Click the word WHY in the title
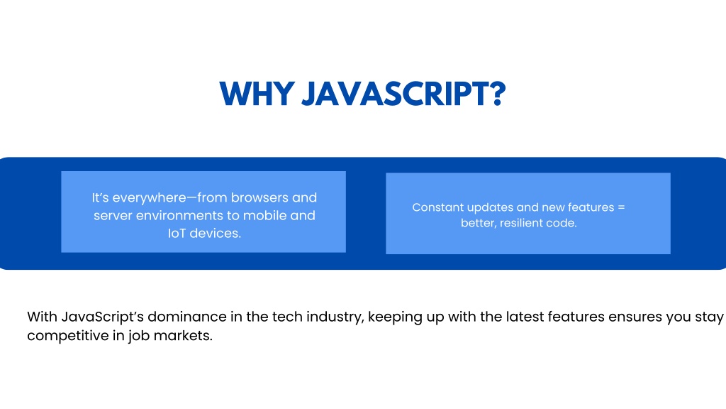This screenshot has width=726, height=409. pyautogui.click(x=257, y=94)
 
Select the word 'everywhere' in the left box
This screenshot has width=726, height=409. pyautogui.click(x=149, y=198)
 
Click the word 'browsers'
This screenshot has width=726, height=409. pyautogui.click(x=259, y=197)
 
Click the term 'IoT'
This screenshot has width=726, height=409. pyautogui.click(x=177, y=233)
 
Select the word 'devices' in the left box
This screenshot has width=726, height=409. pyautogui.click(x=214, y=233)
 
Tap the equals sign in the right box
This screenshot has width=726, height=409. pyautogui.click(x=621, y=207)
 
